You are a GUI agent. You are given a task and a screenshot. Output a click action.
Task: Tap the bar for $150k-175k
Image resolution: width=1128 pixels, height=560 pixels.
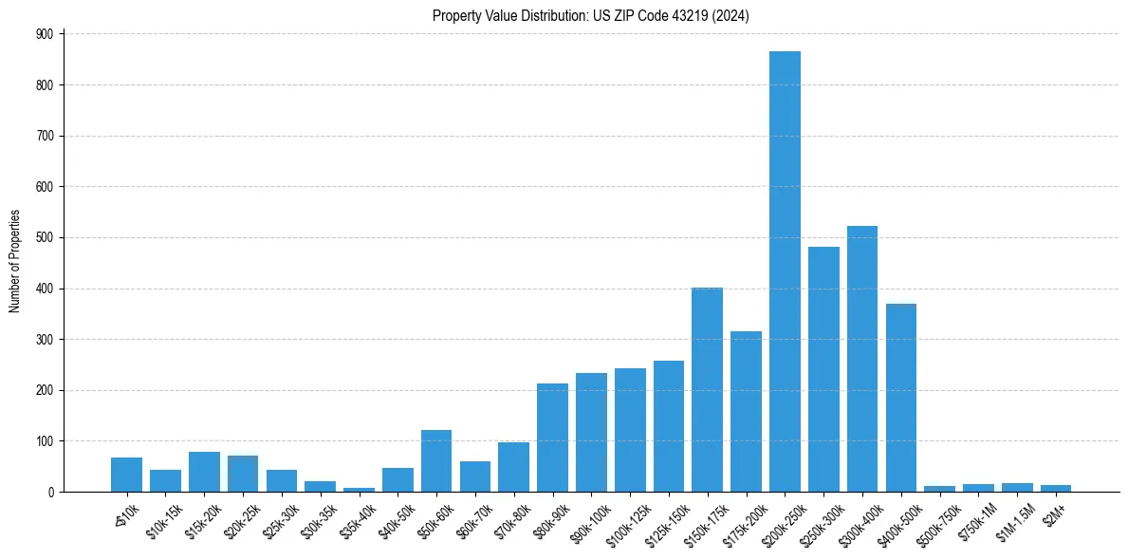pyautogui.click(x=707, y=389)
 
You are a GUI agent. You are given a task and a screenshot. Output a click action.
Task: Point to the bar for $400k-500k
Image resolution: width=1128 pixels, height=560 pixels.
pyautogui.click(x=901, y=398)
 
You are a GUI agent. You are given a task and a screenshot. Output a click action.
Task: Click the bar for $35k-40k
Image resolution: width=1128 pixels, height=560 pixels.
pyautogui.click(x=359, y=489)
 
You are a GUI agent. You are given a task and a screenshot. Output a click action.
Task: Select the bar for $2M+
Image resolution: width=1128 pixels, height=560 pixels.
pyautogui.click(x=1056, y=488)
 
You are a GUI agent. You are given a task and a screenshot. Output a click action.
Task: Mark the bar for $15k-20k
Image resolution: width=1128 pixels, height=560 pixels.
pyautogui.click(x=204, y=472)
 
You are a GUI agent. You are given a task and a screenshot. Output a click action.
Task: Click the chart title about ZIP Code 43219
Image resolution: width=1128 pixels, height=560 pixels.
pyautogui.click(x=591, y=16)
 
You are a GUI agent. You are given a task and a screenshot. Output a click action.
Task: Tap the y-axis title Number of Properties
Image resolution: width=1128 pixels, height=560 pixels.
pyautogui.click(x=14, y=262)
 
